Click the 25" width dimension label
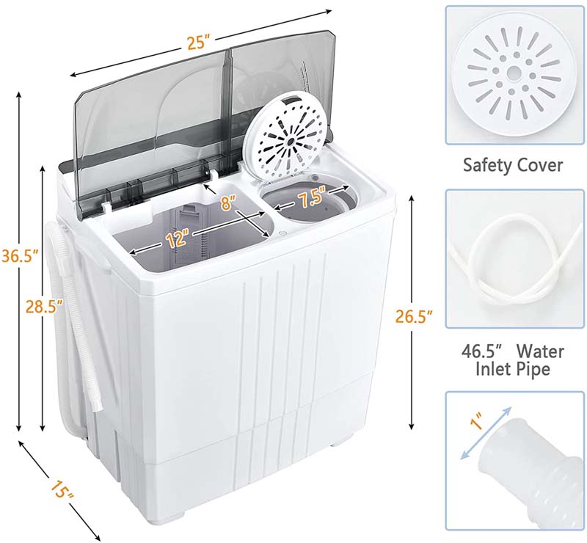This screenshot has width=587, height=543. [197, 43]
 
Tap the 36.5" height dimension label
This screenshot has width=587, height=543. [21, 256]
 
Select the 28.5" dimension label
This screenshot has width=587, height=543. [44, 306]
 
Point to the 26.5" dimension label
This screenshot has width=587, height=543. [414, 317]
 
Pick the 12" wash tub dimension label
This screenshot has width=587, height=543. [178, 239]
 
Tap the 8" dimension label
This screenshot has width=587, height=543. [228, 203]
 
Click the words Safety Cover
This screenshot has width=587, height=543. [513, 165]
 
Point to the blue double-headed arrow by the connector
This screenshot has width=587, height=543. [486, 432]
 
